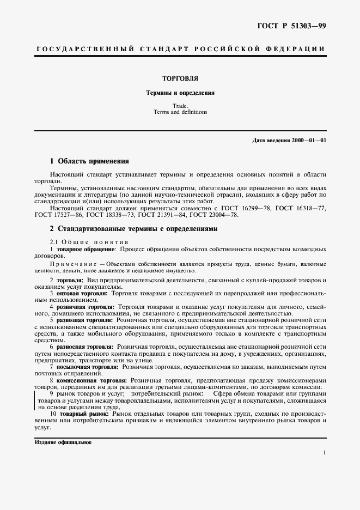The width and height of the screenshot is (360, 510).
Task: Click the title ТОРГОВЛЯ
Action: click(x=180, y=78)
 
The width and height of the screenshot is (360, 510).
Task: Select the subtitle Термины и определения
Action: click(x=180, y=93)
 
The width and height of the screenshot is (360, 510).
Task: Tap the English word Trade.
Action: click(x=180, y=105)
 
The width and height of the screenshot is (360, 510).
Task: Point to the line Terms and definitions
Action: click(x=180, y=112)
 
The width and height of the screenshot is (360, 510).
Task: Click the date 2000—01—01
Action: click(x=308, y=141)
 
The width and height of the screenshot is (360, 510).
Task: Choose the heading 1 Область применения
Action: click(x=89, y=161)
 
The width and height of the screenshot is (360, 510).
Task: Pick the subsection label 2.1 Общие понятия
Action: click(x=89, y=241)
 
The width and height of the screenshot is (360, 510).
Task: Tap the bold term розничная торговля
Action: click(x=89, y=307)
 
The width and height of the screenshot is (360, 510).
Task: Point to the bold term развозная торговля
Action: click(x=89, y=320)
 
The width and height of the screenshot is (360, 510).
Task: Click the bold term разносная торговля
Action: click(x=89, y=347)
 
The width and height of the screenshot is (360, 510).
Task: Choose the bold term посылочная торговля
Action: click(x=90, y=367)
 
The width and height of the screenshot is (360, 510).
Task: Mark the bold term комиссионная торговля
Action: click(x=93, y=380)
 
